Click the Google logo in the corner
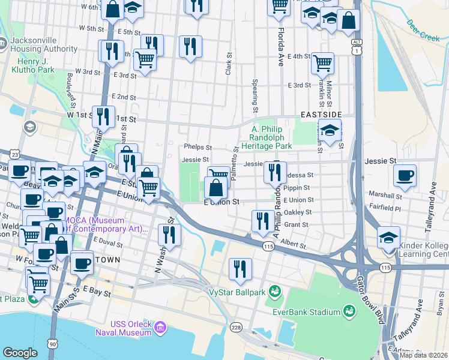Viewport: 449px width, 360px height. pos(20,353)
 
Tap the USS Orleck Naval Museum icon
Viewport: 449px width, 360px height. pos(160,328)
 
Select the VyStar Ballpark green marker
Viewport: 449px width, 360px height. pos(275,292)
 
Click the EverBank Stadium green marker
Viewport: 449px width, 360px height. pos(349,311)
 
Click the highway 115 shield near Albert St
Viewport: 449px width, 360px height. pos(268,247)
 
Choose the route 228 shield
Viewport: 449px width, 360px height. pos(237,327)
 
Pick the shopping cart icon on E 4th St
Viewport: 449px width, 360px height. pos(323,62)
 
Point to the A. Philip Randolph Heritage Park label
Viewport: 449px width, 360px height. pos(271,137)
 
